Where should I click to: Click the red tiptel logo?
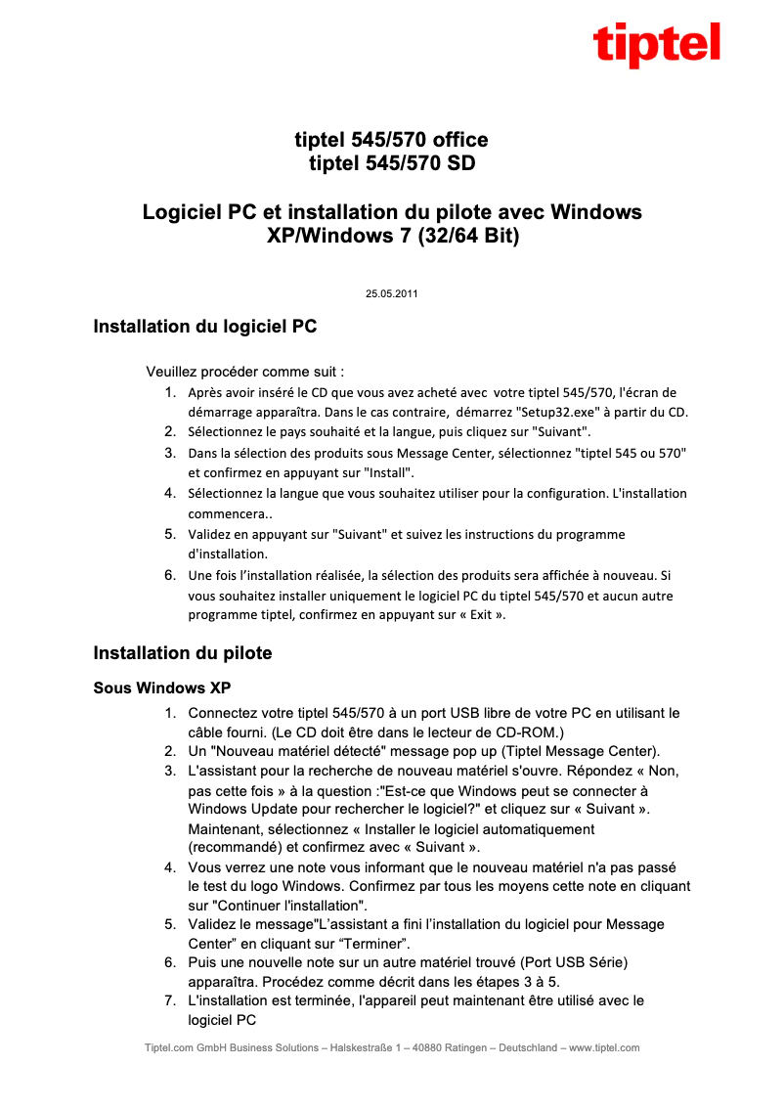pyautogui.click(x=656, y=44)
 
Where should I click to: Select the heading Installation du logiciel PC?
pyautogui.click(x=204, y=327)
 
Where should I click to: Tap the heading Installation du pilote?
pyautogui.click(x=183, y=652)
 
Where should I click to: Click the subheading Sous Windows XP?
pyautogui.click(x=161, y=688)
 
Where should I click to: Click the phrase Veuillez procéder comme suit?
pyautogui.click(x=244, y=372)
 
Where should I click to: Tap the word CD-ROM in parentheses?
pyautogui.click(x=528, y=732)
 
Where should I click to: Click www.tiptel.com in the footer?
pyautogui.click(x=604, y=1047)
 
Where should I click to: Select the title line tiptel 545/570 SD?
pyautogui.click(x=391, y=163)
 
